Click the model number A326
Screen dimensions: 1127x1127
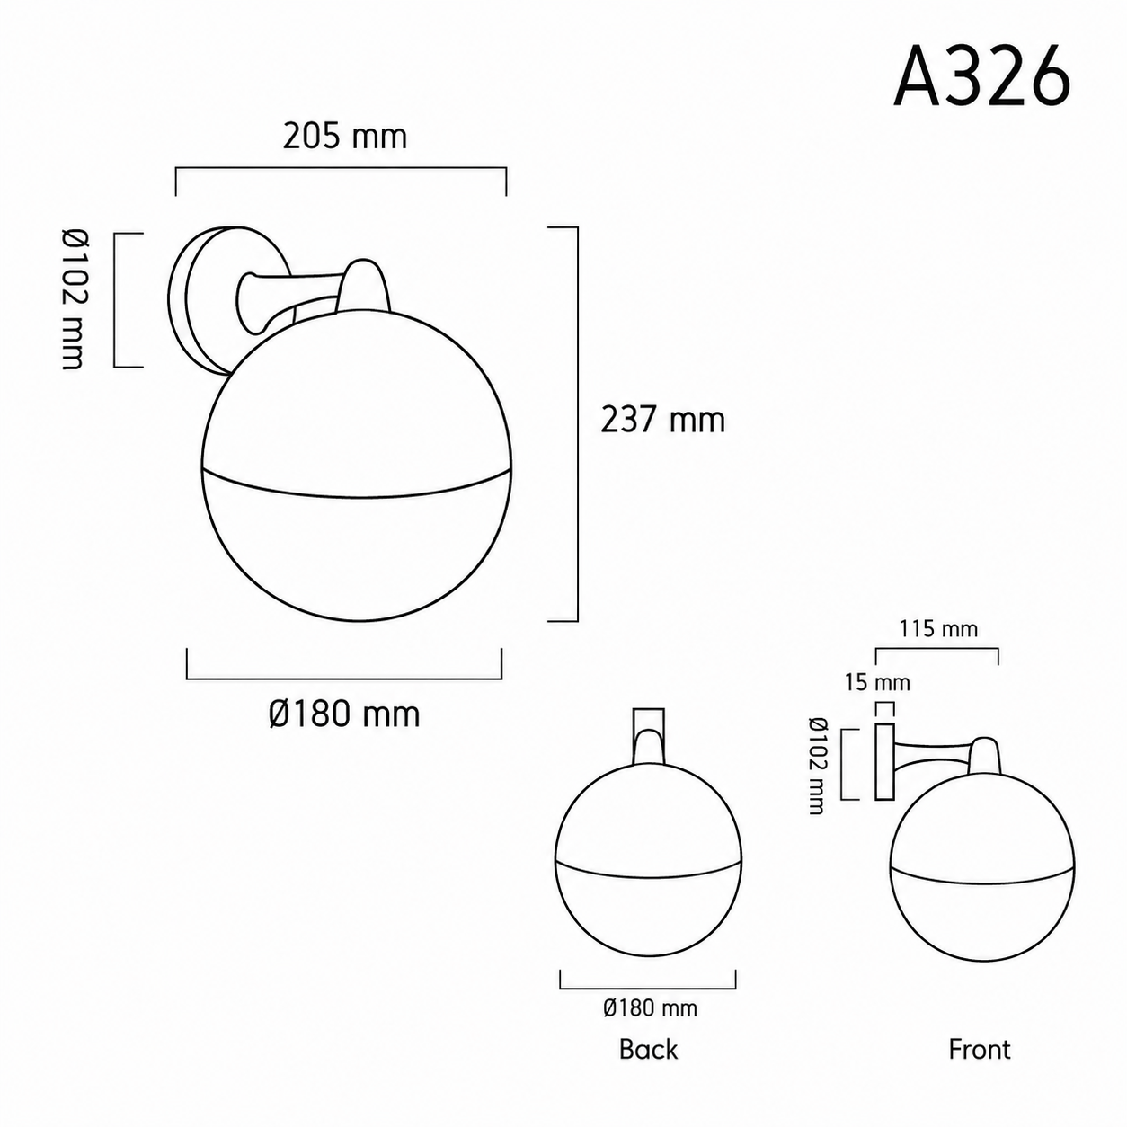(982, 78)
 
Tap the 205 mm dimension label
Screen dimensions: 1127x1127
(345, 137)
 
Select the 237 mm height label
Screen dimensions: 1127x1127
(663, 420)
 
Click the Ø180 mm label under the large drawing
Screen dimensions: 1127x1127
(344, 714)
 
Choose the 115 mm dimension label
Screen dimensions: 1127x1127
(938, 629)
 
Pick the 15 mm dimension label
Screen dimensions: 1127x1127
(877, 682)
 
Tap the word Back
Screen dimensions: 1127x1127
(648, 1050)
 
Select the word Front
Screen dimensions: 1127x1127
(980, 1050)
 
